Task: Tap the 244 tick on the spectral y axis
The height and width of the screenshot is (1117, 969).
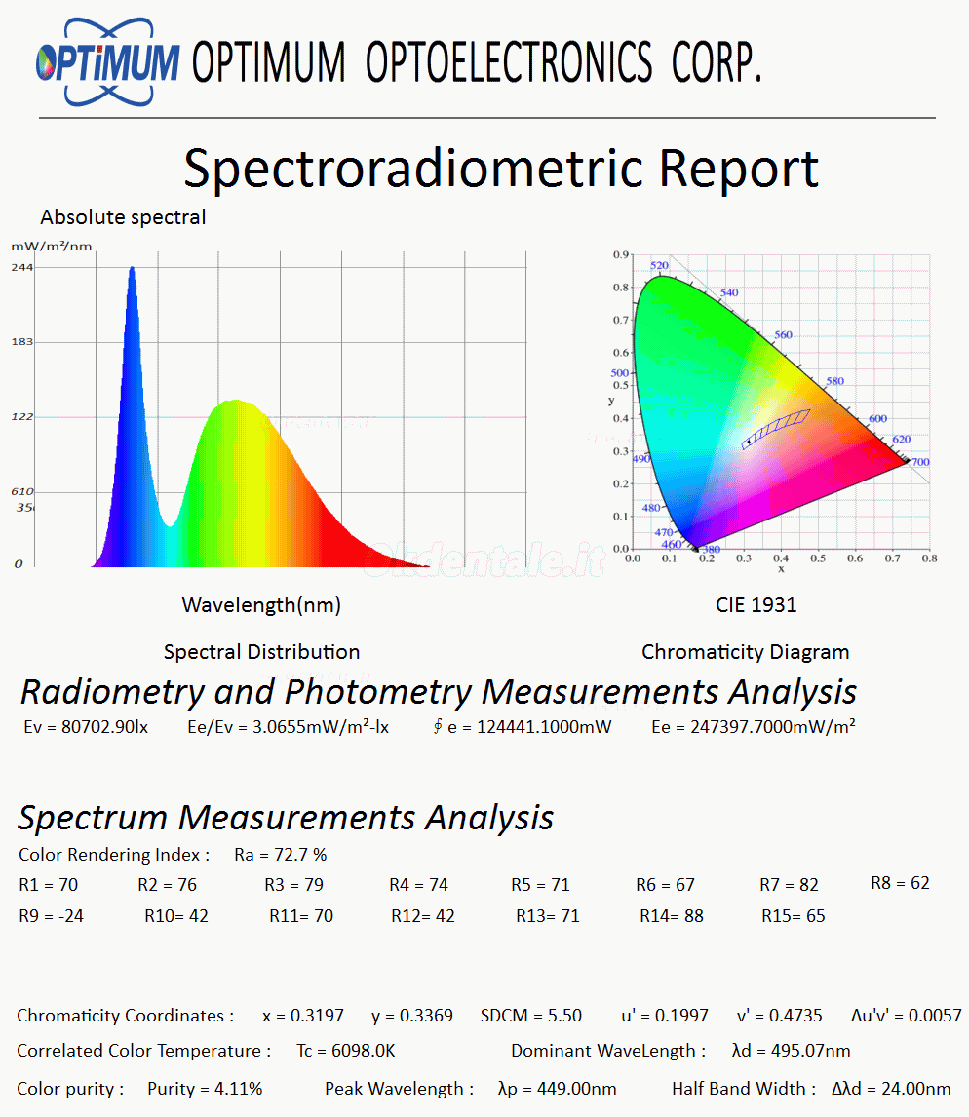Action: coord(22,267)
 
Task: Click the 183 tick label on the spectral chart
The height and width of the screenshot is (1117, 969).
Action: coord(22,342)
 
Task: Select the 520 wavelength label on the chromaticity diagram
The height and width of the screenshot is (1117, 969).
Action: coord(659,265)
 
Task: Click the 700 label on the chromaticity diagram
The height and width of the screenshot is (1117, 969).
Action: coord(918,462)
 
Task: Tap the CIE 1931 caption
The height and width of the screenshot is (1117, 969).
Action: coord(756,605)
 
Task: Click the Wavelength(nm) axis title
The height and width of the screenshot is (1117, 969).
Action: coord(261,605)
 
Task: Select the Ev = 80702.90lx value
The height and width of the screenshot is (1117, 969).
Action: coord(86,726)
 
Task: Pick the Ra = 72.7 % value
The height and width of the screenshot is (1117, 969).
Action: coord(281,855)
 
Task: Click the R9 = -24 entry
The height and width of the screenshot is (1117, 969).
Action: coord(51,916)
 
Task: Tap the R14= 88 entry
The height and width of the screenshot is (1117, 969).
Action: coord(672,916)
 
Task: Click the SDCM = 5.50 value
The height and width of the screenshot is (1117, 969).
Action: coord(531,1016)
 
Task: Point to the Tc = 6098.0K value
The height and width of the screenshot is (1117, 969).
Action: coord(346,1051)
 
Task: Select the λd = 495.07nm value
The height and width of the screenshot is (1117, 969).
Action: coord(791,1051)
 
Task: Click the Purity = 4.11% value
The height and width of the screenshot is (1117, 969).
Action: coord(205,1089)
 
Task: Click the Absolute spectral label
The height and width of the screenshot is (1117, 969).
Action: coord(123,217)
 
